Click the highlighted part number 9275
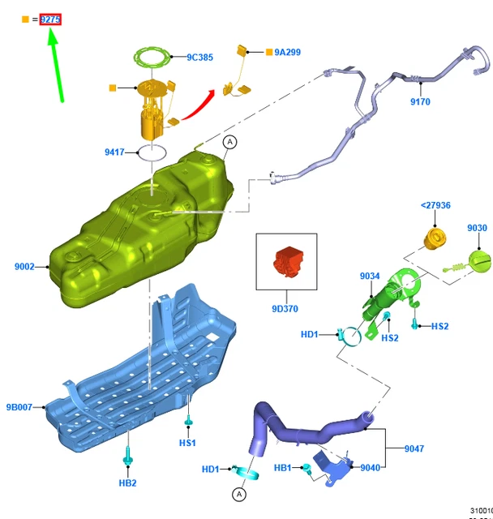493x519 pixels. click(x=50, y=19)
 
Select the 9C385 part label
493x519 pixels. click(x=199, y=58)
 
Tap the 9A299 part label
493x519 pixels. click(x=287, y=52)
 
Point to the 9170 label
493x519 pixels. click(x=420, y=102)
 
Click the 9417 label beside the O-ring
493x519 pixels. click(x=115, y=152)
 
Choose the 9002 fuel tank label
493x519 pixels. click(x=24, y=266)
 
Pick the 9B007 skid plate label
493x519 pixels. click(x=19, y=407)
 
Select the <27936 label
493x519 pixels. click(x=435, y=206)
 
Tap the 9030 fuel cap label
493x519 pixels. click(x=477, y=229)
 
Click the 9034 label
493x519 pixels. click(x=370, y=277)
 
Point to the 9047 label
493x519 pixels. click(x=414, y=448)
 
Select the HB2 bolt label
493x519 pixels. click(x=127, y=483)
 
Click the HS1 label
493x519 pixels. click(x=187, y=443)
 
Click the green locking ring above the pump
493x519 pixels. click(x=153, y=58)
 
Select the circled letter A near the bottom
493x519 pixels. click(x=239, y=494)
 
